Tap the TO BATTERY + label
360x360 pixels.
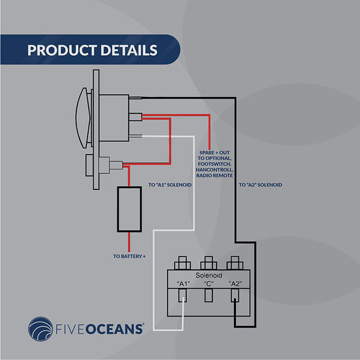[129, 256]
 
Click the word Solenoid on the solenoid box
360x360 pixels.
[209, 274]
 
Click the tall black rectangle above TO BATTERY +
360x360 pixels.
[129, 209]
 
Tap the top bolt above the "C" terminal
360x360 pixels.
[209, 261]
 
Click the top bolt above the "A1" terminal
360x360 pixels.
[183, 261]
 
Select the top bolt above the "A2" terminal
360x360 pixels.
[235, 261]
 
